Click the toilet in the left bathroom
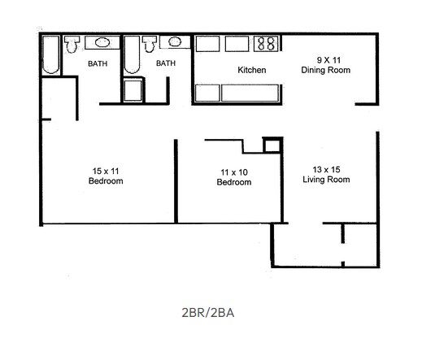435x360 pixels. point(71,43)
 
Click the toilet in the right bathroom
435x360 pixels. point(150,43)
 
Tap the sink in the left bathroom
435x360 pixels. point(95,41)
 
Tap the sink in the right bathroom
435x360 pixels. point(175,41)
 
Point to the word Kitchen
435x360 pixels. point(252,71)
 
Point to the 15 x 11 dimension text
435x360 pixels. point(106,171)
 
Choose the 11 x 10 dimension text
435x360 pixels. point(233,171)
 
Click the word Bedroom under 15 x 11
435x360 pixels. point(106,181)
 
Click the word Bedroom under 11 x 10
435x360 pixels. point(233,182)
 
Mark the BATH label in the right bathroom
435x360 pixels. point(166,63)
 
